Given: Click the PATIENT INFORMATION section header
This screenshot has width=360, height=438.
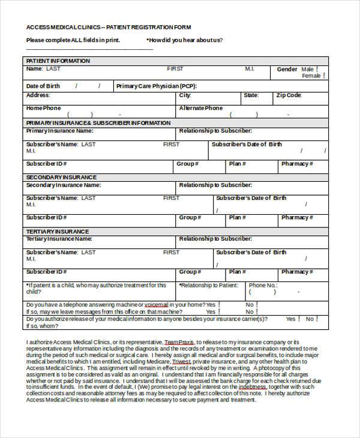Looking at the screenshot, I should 58,61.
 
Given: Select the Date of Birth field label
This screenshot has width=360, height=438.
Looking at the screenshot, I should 43,86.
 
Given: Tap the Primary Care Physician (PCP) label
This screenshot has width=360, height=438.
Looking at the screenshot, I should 156,86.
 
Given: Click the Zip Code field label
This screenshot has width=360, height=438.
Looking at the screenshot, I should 289,95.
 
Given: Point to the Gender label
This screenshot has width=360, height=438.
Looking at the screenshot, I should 287,70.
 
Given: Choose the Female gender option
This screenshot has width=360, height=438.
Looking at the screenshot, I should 311,76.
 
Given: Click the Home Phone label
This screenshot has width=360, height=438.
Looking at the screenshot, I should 43,109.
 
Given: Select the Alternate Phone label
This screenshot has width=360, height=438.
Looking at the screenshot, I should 200,109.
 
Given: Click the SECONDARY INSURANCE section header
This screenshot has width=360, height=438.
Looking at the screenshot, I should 61,178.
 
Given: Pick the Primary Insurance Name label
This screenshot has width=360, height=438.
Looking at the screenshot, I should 59,130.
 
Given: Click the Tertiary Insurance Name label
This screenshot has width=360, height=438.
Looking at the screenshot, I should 59,239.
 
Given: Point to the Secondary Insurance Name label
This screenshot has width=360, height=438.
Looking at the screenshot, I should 62,185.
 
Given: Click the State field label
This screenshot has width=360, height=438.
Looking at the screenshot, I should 251,95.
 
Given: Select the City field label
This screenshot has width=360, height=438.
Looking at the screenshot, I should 185,95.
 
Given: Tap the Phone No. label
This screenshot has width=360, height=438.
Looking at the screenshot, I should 263,286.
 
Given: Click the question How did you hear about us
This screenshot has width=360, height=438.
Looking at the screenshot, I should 185,40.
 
